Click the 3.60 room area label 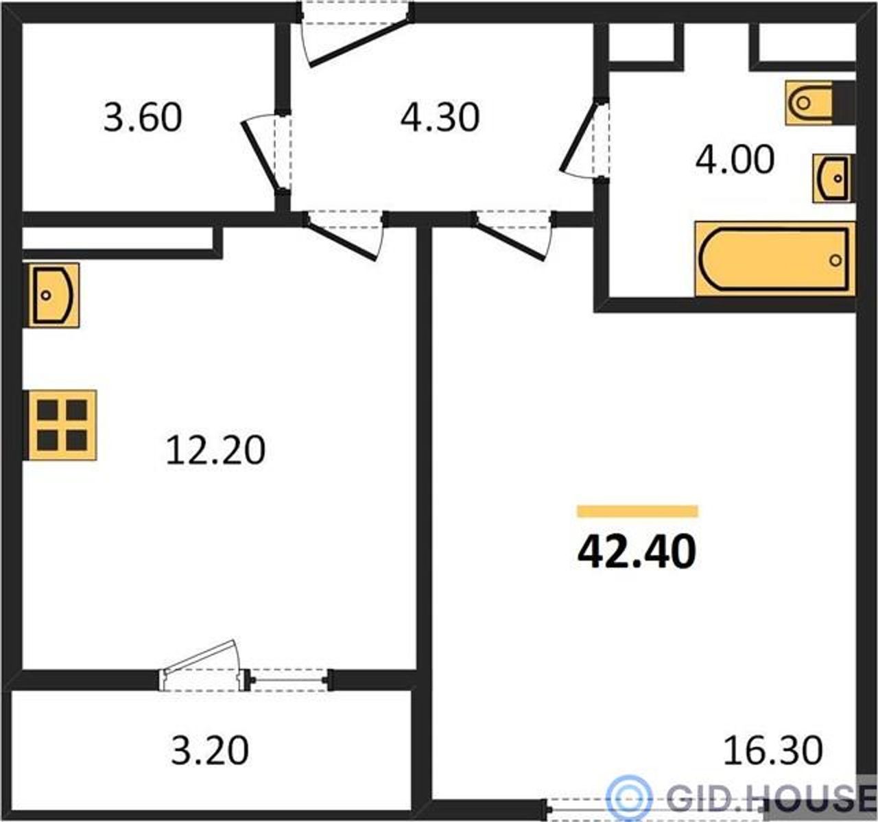pyautogui.click(x=143, y=117)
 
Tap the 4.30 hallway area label pyautogui.click(x=440, y=117)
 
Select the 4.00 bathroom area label pyautogui.click(x=735, y=159)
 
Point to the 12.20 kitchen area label pyautogui.click(x=215, y=450)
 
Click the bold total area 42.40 pyautogui.click(x=637, y=552)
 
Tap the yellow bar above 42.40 pyautogui.click(x=637, y=511)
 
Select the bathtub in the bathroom pyautogui.click(x=774, y=259)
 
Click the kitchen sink pyautogui.click(x=51, y=295)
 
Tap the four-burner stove pyautogui.click(x=60, y=425)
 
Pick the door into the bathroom pyautogui.click(x=584, y=139)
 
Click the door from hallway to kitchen pyautogui.click(x=343, y=237)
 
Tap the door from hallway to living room pyautogui.click(x=513, y=237)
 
